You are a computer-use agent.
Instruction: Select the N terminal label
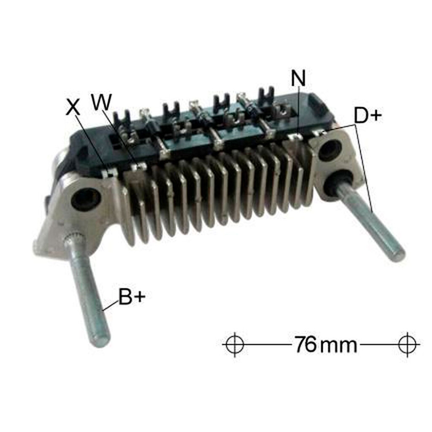298,78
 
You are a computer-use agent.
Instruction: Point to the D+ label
368,116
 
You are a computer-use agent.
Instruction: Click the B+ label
132,297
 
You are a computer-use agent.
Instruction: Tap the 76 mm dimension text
326,344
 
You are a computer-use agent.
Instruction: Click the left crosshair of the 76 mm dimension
235,344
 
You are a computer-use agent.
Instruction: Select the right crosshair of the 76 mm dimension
408,344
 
